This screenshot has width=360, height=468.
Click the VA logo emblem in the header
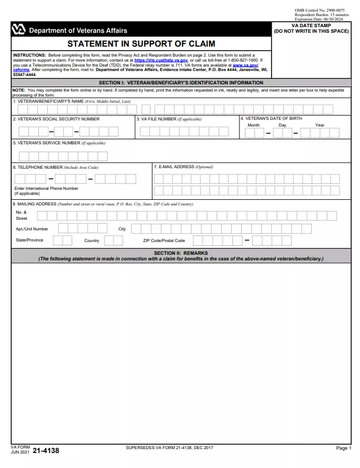point(18,30)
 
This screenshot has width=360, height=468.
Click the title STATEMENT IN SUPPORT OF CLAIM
point(141,44)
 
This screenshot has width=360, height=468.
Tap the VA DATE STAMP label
point(311,26)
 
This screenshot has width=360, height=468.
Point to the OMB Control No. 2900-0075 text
point(319,10)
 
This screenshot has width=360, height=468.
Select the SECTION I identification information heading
point(181,83)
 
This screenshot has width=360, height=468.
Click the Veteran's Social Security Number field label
point(56,119)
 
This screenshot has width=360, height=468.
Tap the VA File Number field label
point(169,119)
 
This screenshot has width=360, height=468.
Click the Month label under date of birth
point(253,125)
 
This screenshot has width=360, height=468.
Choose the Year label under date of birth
point(319,125)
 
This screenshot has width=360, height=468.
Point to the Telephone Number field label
point(56,167)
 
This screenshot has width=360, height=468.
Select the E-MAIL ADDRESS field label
point(183,167)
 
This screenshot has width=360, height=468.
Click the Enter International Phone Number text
point(46,188)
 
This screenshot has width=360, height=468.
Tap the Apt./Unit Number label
point(32,229)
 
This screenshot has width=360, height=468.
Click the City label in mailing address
point(122,229)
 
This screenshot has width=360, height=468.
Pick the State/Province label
point(29,240)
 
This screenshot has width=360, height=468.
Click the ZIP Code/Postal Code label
point(164,241)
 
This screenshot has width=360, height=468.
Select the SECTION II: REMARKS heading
point(181,253)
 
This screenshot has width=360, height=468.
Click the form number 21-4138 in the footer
point(46,451)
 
